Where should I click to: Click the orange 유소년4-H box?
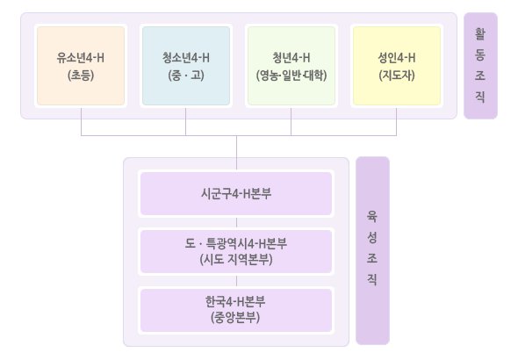point(81,66)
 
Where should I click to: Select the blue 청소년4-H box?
point(186,66)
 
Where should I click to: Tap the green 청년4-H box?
point(291,66)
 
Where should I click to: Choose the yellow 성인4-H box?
point(397,66)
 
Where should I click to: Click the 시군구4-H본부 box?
point(236,193)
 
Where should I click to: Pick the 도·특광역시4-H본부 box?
point(236,252)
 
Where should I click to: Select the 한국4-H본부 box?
point(236,310)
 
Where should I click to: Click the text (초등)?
point(81,76)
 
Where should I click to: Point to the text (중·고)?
point(186,76)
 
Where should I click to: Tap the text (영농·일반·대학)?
point(291,76)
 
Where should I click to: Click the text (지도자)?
point(397,76)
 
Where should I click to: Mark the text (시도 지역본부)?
point(236,260)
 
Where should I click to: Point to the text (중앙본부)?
point(235,318)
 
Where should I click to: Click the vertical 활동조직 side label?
point(480,66)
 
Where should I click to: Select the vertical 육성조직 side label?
point(372,250)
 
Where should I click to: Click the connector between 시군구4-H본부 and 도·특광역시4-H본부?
point(236,223)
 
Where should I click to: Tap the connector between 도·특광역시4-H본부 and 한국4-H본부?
point(236,281)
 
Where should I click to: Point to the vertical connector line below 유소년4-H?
point(82,121)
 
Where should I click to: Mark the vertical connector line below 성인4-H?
point(397,121)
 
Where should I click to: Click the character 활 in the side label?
point(480,33)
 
